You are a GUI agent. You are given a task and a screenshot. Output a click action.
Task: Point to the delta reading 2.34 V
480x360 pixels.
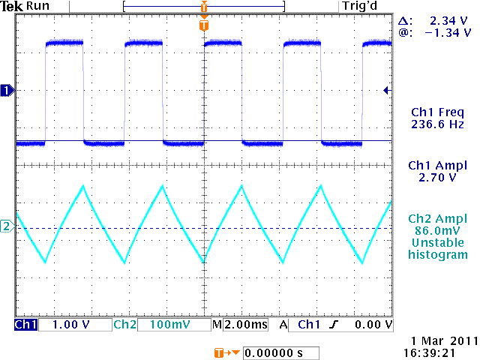449,22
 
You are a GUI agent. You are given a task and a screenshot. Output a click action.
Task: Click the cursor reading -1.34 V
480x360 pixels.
447,33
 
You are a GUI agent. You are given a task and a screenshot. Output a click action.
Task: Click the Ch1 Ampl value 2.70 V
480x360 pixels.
438,178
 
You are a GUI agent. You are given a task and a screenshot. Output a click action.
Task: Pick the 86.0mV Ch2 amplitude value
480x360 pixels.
438,231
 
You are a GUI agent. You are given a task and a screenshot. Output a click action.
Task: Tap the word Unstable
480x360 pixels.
438,243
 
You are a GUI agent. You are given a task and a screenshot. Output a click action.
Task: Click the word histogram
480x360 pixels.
438,255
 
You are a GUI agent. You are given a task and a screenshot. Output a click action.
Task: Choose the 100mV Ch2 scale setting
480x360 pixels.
163,325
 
